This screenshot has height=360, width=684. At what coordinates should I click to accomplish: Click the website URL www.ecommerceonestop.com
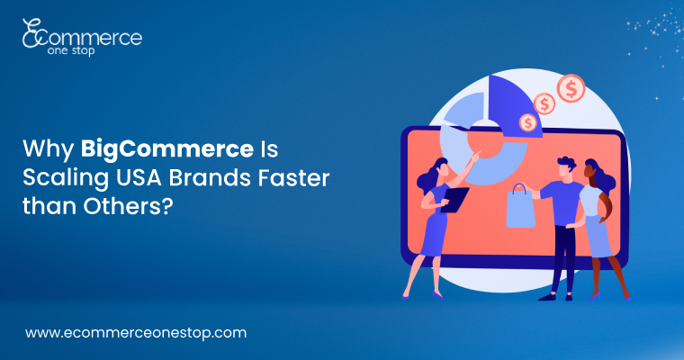tap(136, 332)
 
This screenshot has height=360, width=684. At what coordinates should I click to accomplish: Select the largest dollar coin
tap(570, 88)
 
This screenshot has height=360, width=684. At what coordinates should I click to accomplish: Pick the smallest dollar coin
tap(527, 122)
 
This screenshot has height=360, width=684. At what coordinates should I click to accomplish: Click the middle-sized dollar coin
tap(544, 103)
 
